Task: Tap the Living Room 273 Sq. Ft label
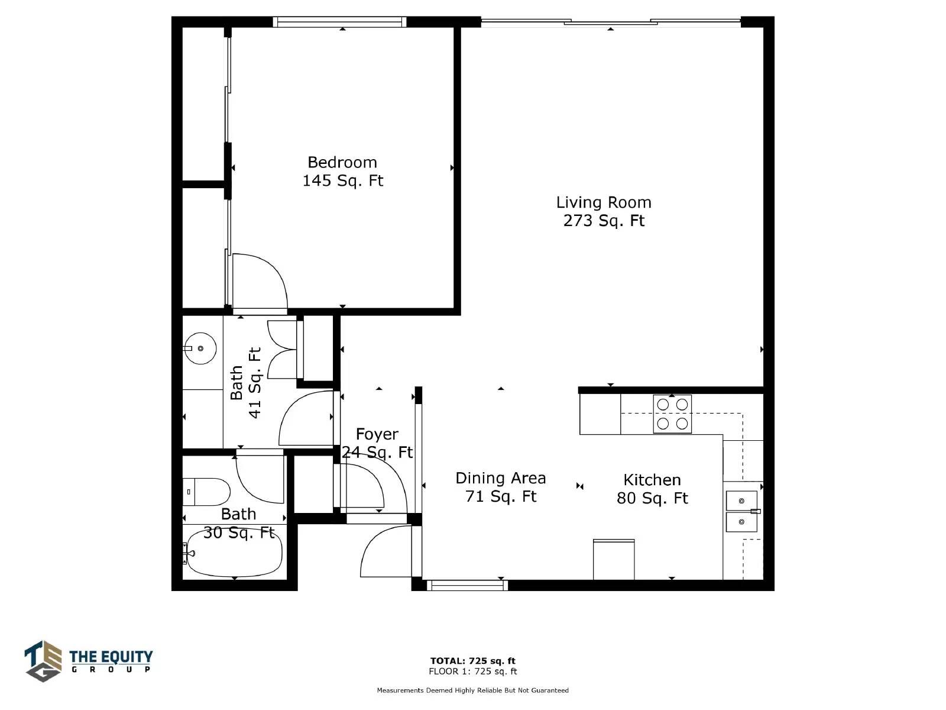[x=604, y=211]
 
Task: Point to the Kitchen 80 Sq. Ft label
[x=652, y=489]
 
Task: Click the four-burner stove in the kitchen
[x=672, y=414]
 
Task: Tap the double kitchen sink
[x=741, y=511]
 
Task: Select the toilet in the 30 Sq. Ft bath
[x=206, y=492]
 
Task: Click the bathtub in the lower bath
[x=233, y=552]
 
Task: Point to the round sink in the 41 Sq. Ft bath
[x=200, y=348]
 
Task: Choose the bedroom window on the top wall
[x=339, y=22]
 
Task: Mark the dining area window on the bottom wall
[x=467, y=585]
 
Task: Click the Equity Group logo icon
[x=43, y=660]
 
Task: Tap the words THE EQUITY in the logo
[x=111, y=657]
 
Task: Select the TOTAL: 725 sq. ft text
[x=472, y=660]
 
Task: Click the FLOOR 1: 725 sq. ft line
[x=472, y=671]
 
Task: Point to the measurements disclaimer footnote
[x=472, y=690]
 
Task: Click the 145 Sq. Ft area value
[x=342, y=180]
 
